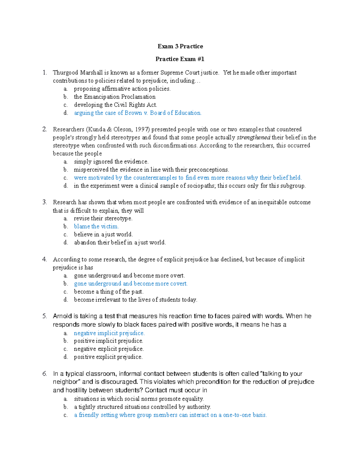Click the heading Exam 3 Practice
coord(180,46)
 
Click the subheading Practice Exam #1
coord(180,59)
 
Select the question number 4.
coord(44,259)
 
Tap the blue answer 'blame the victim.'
coord(96,227)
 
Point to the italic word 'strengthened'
coord(253,137)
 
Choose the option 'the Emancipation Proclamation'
coord(115,97)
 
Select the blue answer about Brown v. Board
coord(138,113)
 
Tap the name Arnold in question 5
coord(62,316)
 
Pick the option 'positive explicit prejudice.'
coord(108,357)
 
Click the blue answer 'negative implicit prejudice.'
coord(109,333)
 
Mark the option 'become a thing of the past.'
coord(109,292)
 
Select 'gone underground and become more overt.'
coord(129,275)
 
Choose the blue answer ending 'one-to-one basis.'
coord(170,415)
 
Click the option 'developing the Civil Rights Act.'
coord(115,105)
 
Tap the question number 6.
coord(44,374)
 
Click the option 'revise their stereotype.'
coord(103,218)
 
